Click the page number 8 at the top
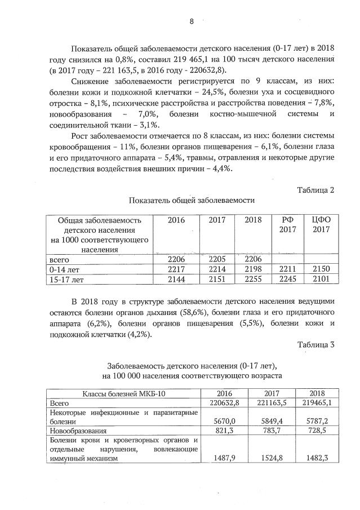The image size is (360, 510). click(x=192, y=21)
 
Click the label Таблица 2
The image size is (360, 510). click(x=315, y=189)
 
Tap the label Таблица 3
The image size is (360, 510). click(x=315, y=345)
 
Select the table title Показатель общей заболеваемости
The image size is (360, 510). click(x=192, y=200)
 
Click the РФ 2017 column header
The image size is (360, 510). click(x=287, y=224)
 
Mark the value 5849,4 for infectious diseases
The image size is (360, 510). click(x=265, y=421)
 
